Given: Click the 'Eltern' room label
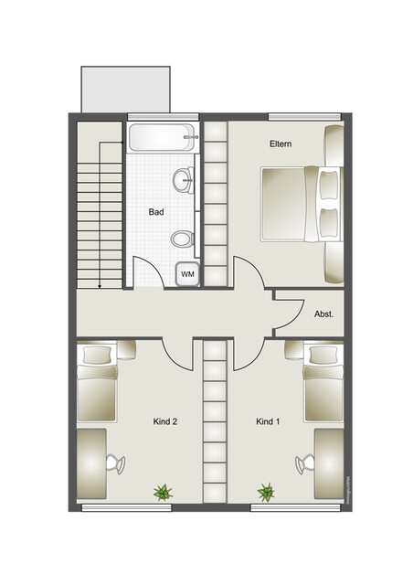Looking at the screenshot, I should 280,144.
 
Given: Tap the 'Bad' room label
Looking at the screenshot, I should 156,212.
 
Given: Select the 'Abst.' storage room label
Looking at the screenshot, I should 323,313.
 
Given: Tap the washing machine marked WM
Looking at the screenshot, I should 187,273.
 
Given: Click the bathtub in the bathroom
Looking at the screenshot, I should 164,138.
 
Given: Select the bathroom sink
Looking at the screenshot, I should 183,180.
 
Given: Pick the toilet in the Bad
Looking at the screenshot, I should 182,239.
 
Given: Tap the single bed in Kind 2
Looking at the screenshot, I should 97,382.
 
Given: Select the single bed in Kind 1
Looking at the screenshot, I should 323,382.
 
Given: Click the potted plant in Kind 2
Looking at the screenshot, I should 163,493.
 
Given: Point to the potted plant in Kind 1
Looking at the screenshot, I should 266,493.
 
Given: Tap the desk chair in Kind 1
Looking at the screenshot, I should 302,464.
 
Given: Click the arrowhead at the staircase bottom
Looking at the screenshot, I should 99,284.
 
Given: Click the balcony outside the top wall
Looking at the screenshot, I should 125,89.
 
